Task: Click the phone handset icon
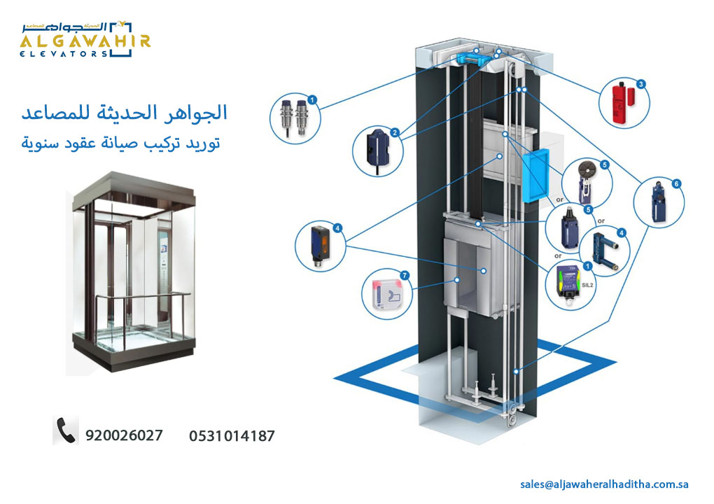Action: tap(66, 430)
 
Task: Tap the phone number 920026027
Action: tap(124, 435)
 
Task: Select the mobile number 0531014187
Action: tap(232, 436)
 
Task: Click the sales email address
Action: tap(605, 484)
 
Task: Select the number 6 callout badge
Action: tap(675, 183)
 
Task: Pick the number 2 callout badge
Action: tap(395, 132)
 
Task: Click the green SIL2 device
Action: tap(570, 286)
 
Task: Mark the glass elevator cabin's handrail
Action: tap(133, 300)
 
